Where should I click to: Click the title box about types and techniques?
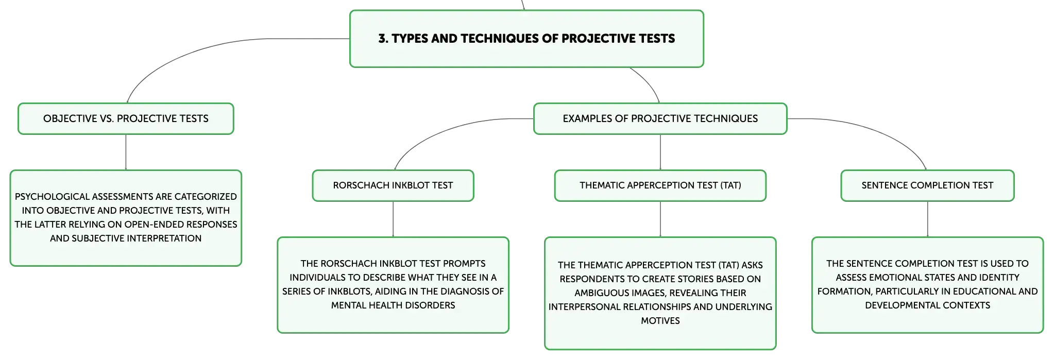(526, 39)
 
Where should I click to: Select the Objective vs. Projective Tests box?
(126, 118)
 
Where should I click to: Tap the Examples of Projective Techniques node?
(660, 118)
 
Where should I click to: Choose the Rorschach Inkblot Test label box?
(393, 185)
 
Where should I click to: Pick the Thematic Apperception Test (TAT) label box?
(660, 185)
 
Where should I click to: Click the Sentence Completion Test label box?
(927, 185)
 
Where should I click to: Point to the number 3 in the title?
(382, 39)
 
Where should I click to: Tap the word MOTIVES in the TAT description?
(660, 321)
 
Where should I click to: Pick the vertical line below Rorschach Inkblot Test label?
(393, 219)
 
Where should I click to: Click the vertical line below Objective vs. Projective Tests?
(126, 152)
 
